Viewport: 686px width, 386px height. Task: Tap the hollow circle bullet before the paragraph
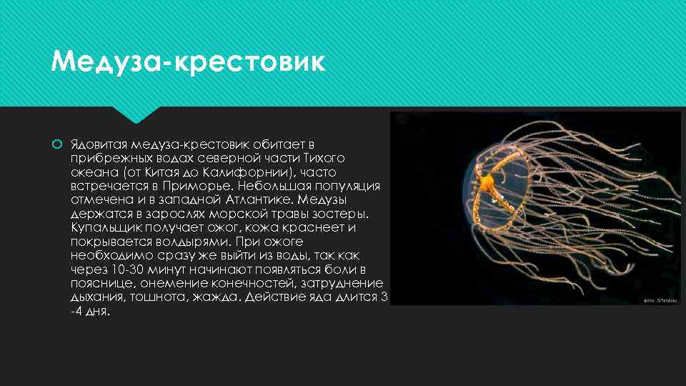(57, 145)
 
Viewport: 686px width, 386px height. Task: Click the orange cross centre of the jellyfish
(487, 184)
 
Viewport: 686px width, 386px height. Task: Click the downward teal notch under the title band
(136, 114)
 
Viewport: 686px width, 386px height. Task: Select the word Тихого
(324, 158)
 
